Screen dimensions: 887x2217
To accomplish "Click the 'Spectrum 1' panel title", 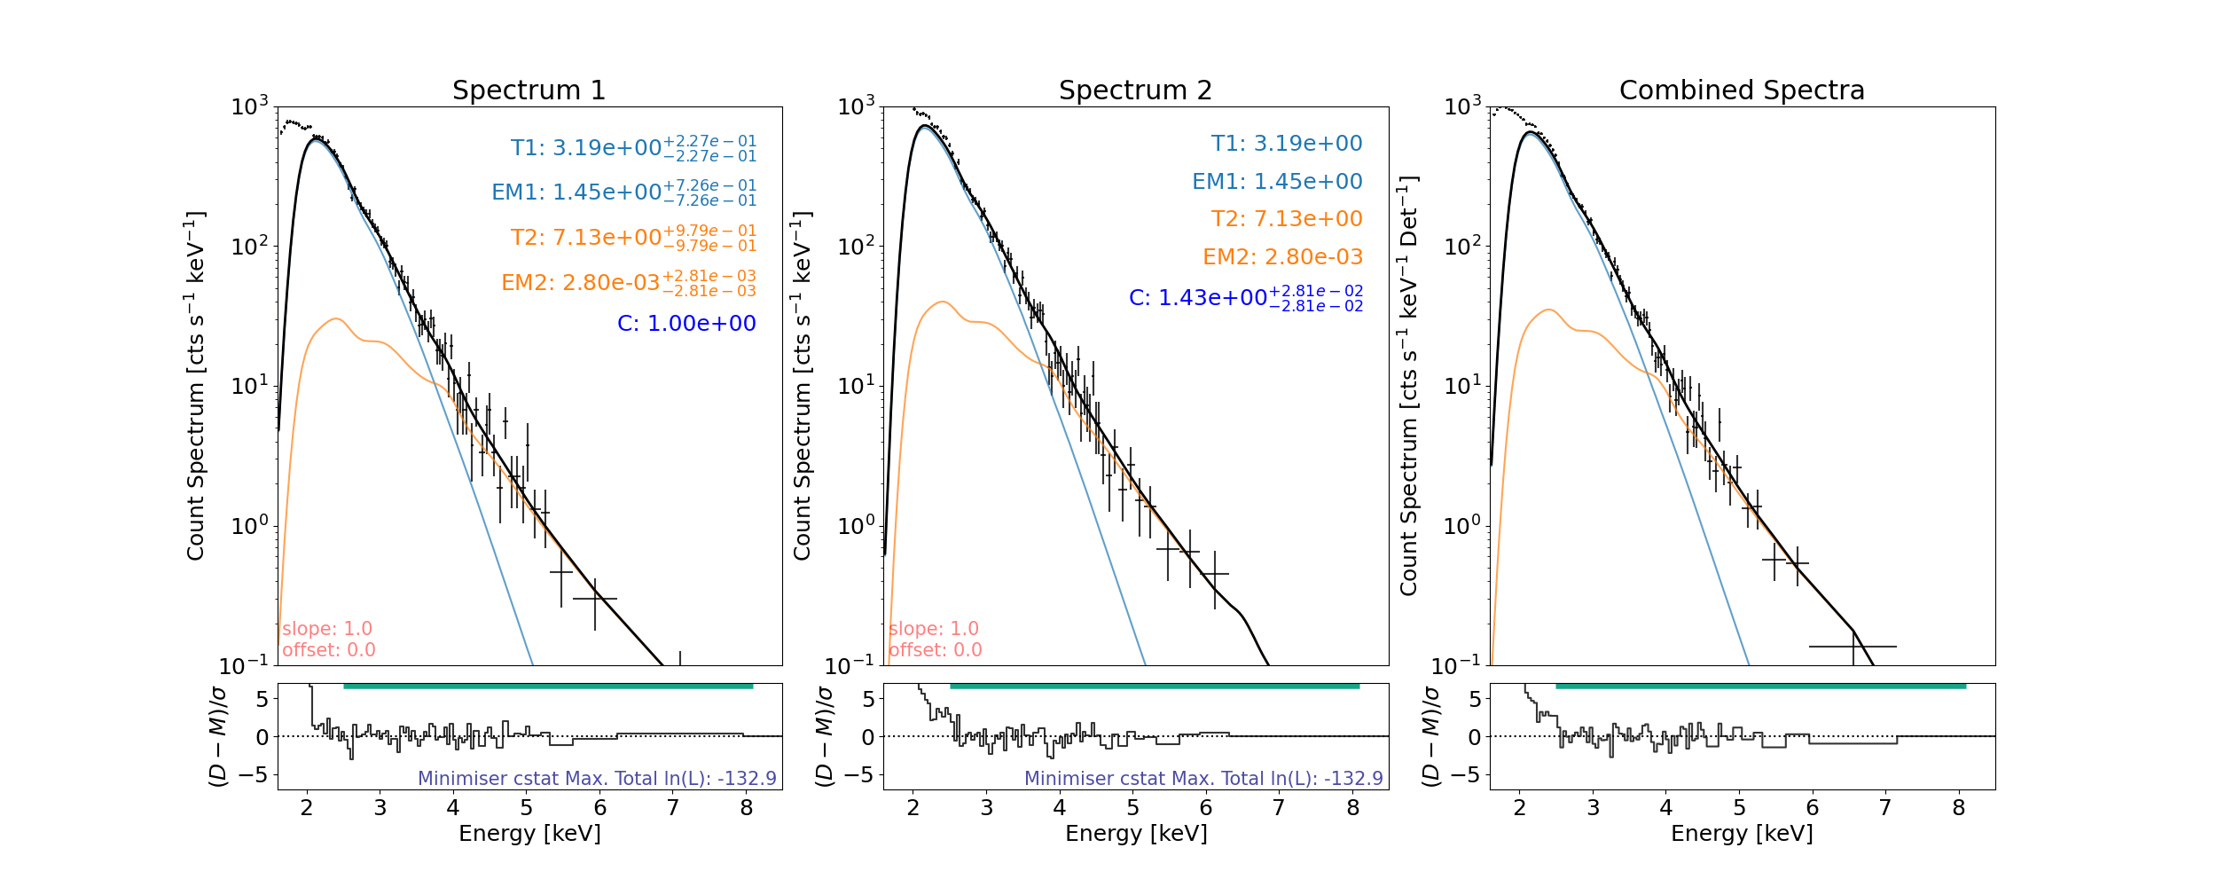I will pyautogui.click(x=529, y=90).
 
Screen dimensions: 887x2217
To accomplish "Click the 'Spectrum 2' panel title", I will pyautogui.click(x=1135, y=90).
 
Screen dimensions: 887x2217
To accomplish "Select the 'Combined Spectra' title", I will pyautogui.click(x=1742, y=90).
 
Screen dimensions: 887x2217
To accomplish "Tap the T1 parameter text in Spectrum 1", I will pyautogui.click(x=633, y=147).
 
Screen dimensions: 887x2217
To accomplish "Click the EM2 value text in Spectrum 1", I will pyautogui.click(x=628, y=282).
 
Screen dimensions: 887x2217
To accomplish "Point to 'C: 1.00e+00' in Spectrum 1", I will pyautogui.click(x=686, y=324).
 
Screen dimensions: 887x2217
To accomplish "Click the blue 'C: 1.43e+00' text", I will pyautogui.click(x=1245, y=298).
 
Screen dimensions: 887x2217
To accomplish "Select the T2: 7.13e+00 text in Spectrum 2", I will pyautogui.click(x=1287, y=219).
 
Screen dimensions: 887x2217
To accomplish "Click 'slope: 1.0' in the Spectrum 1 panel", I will pyautogui.click(x=327, y=629).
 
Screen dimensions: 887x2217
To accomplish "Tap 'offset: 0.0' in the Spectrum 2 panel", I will pyautogui.click(x=936, y=650).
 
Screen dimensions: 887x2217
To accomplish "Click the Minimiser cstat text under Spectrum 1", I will pyautogui.click(x=597, y=779).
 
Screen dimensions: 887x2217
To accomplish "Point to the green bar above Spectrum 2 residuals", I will pyautogui.click(x=1154, y=686).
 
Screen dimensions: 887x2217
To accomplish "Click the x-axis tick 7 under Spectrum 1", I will pyautogui.click(x=673, y=808).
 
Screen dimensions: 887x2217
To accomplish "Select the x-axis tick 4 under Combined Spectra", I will pyautogui.click(x=1665, y=808).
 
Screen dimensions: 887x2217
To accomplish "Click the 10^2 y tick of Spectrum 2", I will pyautogui.click(x=856, y=246).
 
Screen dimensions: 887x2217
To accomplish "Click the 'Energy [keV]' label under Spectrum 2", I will pyautogui.click(x=1136, y=834).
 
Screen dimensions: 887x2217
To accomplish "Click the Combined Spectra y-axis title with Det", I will pyautogui.click(x=1408, y=386).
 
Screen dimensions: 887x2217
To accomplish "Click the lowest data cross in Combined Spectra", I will pyautogui.click(x=1853, y=647).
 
